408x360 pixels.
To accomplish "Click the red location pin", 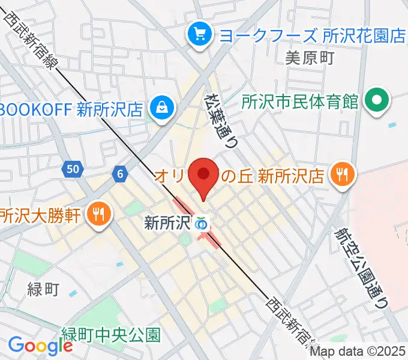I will click(x=203, y=175).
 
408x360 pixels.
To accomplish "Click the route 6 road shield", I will click(x=121, y=174).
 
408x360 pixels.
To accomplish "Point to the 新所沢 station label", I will click(x=167, y=224).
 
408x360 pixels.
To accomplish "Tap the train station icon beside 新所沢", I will click(x=202, y=224).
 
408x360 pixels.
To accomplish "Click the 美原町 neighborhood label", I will click(x=309, y=58).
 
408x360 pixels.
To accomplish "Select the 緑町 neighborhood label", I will click(x=43, y=290).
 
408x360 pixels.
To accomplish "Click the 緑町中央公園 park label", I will click(x=112, y=334).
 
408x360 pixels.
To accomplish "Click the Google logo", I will click(x=40, y=345).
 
